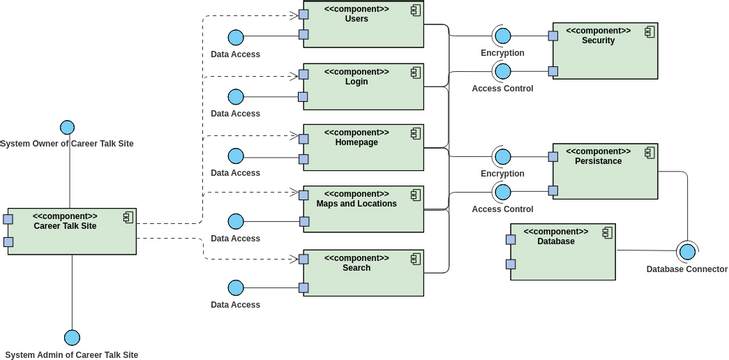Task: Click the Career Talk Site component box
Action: tap(72, 232)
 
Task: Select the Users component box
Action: tap(362, 25)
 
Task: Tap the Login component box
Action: tap(362, 87)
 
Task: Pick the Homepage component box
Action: tap(362, 148)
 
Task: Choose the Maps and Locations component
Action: tap(362, 209)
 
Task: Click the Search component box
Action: tap(362, 273)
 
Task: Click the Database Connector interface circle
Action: tap(686, 250)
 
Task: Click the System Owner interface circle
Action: tap(68, 127)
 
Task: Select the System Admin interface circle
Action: tap(71, 337)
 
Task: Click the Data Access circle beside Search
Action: tap(236, 288)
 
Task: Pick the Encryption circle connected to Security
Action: tap(502, 35)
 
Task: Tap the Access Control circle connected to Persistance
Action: tap(502, 192)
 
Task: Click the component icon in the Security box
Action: tap(648, 32)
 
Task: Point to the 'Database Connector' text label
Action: tap(685, 269)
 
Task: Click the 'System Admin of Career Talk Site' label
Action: tap(71, 354)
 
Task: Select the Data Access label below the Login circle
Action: tap(236, 113)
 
